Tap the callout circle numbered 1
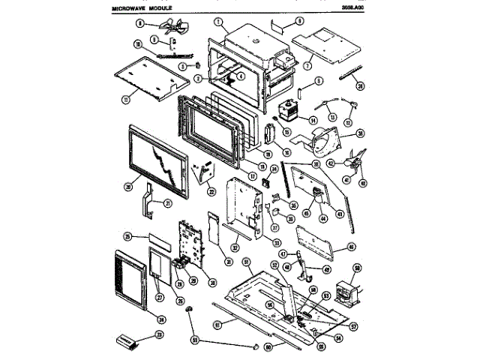point(219,22)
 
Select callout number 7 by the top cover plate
point(307,66)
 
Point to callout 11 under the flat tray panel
point(126,97)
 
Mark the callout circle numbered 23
point(159,334)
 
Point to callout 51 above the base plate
point(245,261)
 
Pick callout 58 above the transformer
point(357,268)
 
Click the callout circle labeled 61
point(217,325)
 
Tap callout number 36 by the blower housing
point(361,133)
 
